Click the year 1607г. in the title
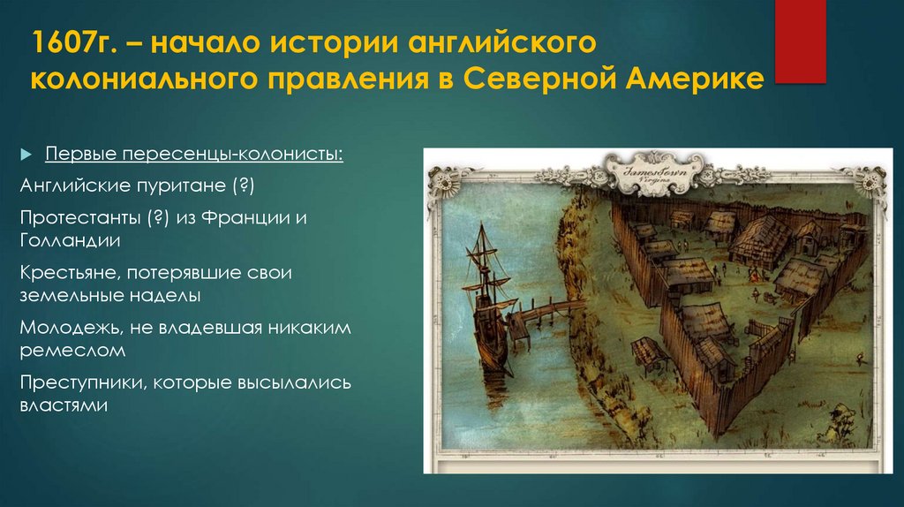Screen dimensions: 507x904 [72, 44]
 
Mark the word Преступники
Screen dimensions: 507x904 [81, 383]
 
